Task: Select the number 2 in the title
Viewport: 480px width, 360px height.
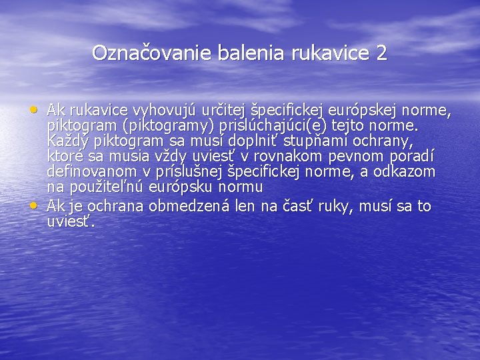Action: pyautogui.click(x=381, y=53)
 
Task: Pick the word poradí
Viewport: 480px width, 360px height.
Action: pyautogui.click(x=413, y=157)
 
